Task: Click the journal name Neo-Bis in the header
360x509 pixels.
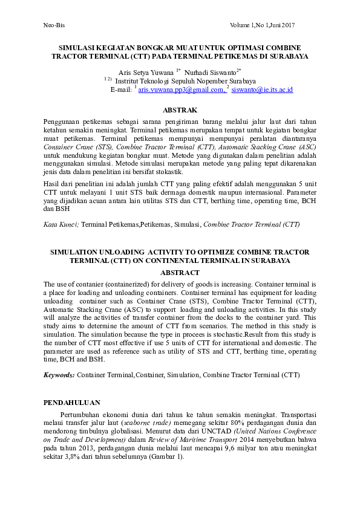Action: [53, 24]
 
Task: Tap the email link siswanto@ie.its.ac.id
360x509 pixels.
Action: [262, 89]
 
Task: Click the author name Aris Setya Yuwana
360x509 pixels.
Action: [146, 71]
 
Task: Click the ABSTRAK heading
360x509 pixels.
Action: [180, 110]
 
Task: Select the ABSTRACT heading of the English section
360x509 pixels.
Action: [180, 273]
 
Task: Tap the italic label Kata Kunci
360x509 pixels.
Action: [61, 224]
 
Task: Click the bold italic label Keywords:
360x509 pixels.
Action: [59, 375]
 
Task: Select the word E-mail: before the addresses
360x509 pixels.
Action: [120, 89]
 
